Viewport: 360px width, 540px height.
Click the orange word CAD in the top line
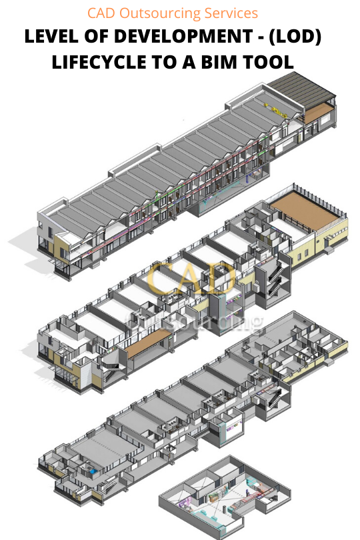click(102, 13)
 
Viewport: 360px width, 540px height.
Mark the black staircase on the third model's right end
click(273, 402)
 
